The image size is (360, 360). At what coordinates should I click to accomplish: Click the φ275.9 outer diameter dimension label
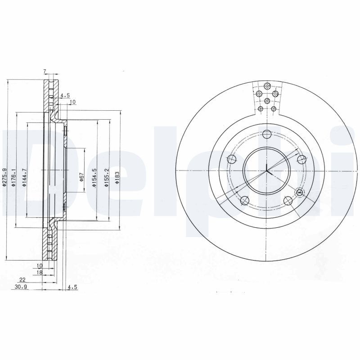pos(4,177)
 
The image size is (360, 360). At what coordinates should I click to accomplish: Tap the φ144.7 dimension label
pos(24,177)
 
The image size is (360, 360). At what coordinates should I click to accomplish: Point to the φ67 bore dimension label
pos(81,177)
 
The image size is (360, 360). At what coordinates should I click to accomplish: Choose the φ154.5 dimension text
pos(94,177)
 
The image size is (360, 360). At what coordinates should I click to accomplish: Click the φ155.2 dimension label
pos(106,177)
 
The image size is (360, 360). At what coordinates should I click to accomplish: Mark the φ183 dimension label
pos(117,177)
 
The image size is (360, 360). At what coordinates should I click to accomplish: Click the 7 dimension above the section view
pos(45,72)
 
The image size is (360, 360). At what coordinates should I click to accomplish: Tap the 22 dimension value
pos(22,280)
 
